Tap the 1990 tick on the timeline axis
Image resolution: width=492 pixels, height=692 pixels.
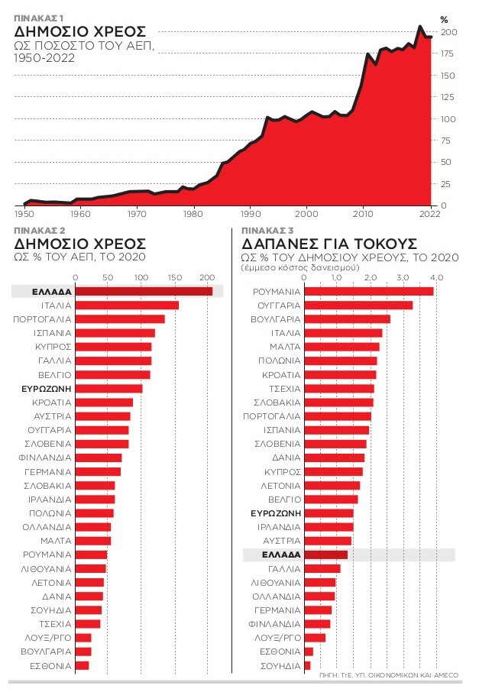(251, 214)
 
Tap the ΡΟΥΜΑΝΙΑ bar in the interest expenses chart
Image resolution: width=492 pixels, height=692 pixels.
(369, 291)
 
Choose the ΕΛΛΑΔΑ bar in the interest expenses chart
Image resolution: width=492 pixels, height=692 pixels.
(326, 555)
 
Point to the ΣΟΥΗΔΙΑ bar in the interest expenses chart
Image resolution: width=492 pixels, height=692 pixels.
(308, 665)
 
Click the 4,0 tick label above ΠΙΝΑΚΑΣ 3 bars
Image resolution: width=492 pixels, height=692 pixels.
(436, 276)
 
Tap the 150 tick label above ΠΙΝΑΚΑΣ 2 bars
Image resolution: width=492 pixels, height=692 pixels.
(173, 276)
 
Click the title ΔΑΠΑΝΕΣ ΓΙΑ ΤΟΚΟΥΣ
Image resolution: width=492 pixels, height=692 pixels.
(329, 244)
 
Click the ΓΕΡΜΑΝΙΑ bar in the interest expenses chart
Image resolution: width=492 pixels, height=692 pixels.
(319, 610)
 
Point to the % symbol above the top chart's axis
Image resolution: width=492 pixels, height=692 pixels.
(444, 18)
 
